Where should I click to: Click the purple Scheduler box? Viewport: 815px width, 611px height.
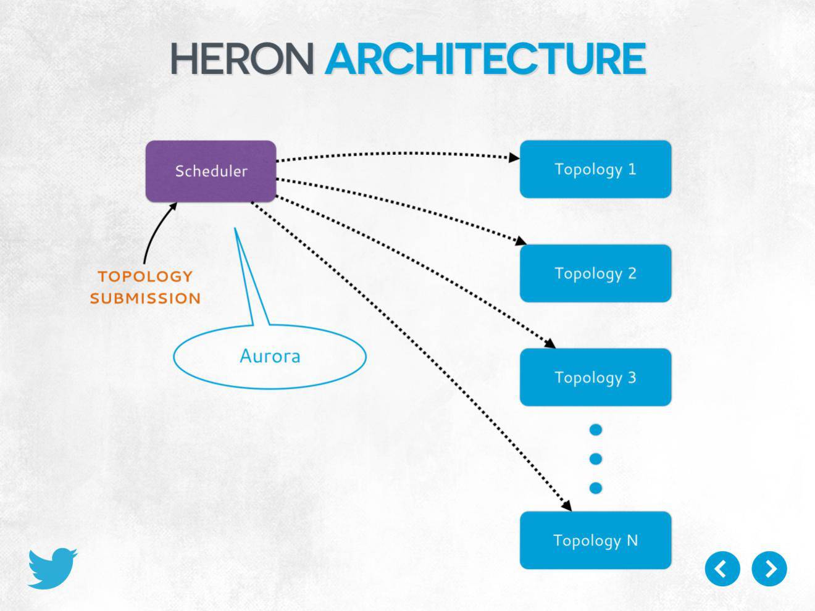[x=211, y=171]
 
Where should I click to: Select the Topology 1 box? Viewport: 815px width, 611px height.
[x=595, y=169]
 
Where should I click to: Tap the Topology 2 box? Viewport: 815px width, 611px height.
[x=595, y=273]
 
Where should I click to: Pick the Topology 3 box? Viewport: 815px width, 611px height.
[x=595, y=377]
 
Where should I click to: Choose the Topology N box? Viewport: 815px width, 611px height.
[x=595, y=540]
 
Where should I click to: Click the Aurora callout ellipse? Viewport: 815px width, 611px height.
[x=270, y=356]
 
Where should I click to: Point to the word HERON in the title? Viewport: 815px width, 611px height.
[x=242, y=59]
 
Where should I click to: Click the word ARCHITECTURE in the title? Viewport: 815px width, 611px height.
[x=485, y=59]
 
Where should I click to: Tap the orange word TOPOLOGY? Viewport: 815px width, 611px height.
[x=145, y=276]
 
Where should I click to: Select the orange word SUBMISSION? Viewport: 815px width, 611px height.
[x=145, y=298]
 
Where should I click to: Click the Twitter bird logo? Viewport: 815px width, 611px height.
[x=52, y=568]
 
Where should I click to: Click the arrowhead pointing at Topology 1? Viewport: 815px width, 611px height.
[x=514, y=157]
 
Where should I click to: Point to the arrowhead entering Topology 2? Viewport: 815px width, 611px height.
[x=521, y=241]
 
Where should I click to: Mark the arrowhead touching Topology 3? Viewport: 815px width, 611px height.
[x=550, y=344]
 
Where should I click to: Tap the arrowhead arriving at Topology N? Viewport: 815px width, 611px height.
[x=566, y=505]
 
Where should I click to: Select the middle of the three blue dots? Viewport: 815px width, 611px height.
[x=596, y=459]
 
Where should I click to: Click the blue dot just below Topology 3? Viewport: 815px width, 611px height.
[x=596, y=430]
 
